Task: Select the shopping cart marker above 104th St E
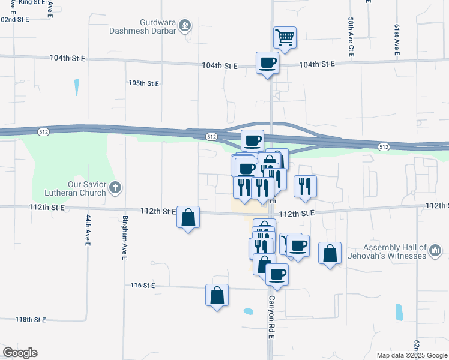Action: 285,37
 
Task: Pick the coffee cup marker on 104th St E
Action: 268,62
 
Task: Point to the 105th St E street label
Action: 144,83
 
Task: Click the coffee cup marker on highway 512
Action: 252,140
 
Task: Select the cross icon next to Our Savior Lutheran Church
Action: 116,188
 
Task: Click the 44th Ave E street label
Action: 88,230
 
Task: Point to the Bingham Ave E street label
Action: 125,238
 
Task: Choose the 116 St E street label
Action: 143,286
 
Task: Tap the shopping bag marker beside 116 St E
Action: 217,295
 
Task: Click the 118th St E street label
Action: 31,319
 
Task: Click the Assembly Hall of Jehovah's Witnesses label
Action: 394,251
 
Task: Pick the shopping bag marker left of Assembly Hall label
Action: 330,253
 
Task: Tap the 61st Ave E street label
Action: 397,40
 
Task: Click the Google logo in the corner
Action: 20,353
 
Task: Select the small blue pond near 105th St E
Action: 77,88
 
